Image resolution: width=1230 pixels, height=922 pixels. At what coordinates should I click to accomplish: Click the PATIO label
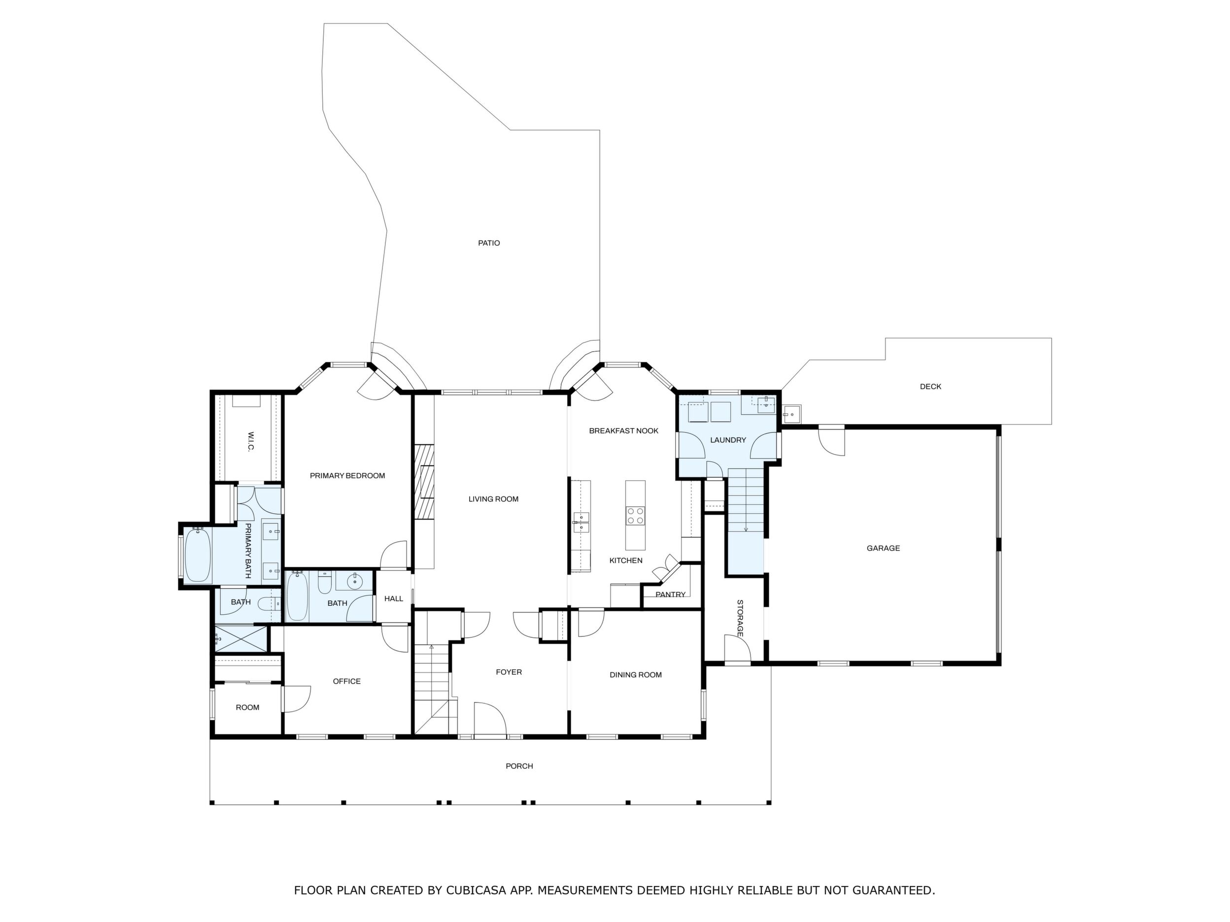489,243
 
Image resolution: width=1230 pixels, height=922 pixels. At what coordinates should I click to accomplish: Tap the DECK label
930,386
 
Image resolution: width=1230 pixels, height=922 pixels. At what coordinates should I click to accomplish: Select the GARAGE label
883,548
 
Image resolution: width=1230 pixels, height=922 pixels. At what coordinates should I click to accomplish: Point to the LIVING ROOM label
493,499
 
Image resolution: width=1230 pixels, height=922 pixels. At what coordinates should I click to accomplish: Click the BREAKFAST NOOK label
623,431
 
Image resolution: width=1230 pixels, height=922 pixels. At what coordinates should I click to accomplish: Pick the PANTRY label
670,594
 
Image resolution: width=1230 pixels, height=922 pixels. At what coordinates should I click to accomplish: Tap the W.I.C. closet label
250,441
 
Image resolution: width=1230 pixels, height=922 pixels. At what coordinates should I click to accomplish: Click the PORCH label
519,766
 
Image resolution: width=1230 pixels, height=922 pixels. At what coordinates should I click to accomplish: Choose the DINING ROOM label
636,675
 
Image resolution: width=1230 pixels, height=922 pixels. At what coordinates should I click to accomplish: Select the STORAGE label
740,618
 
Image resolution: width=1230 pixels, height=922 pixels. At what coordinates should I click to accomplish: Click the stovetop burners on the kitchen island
635,516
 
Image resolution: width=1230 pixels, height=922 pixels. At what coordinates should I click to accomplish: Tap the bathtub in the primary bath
198,555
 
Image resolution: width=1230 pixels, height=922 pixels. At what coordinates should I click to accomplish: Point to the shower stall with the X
241,639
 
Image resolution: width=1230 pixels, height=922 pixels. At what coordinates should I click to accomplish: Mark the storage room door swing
737,648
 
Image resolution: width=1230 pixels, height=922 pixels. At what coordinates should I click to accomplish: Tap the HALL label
394,598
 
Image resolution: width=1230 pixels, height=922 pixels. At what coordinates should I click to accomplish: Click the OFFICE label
346,681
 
